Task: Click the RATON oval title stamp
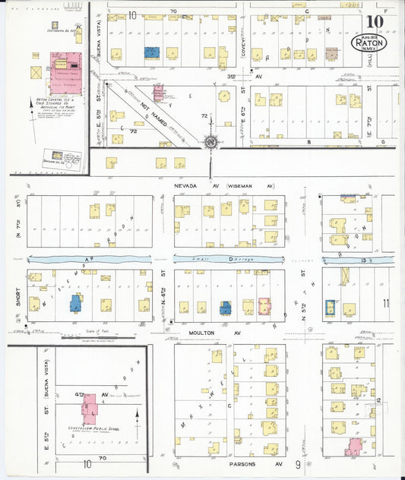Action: [371, 43]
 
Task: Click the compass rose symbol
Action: [210, 141]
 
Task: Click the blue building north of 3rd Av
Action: [152, 52]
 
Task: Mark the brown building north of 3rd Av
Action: [331, 53]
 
